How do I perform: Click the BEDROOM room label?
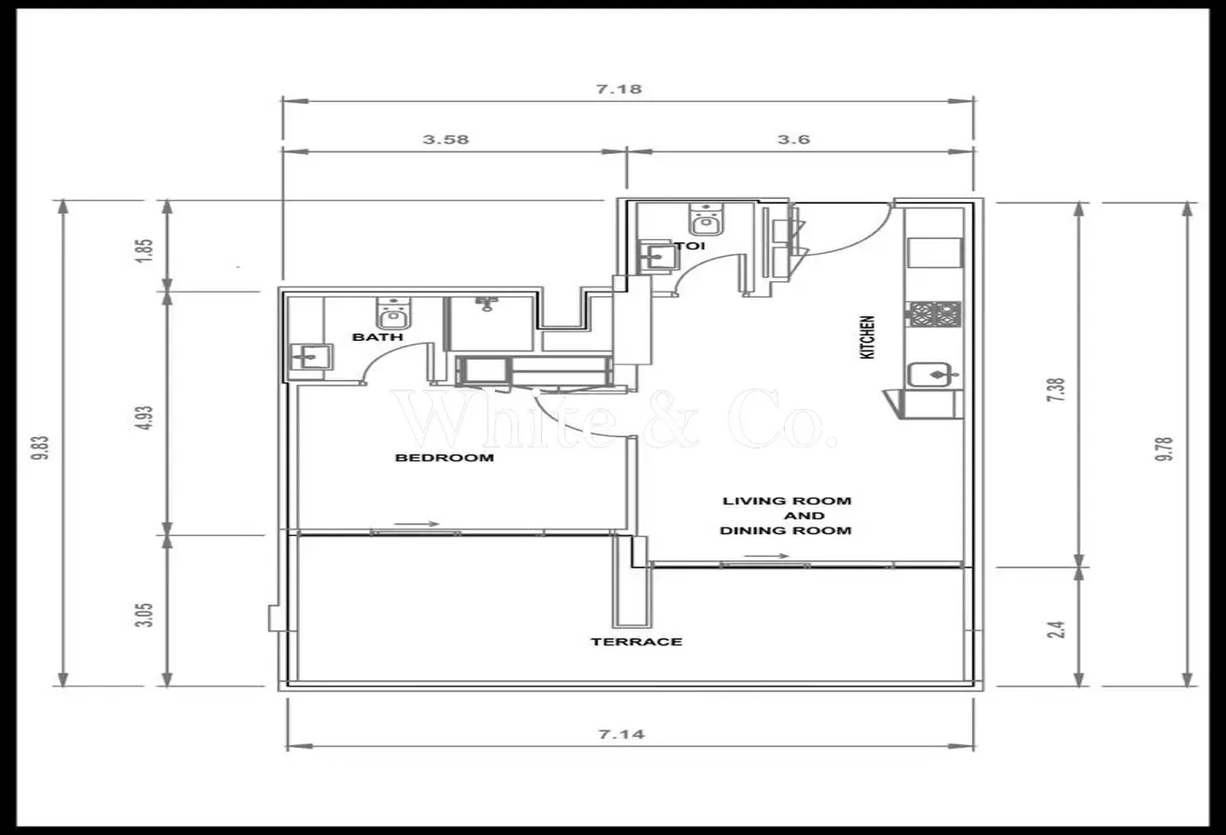tap(445, 458)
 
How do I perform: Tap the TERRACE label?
tap(636, 642)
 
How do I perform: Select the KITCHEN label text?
tap(867, 337)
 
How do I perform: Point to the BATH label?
tap(378, 337)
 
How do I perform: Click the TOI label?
tap(691, 246)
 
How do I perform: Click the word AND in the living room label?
tap(804, 516)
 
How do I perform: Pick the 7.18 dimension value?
tap(619, 89)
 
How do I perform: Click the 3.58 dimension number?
tap(446, 139)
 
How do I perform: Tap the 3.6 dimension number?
tap(793, 139)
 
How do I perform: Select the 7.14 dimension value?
tap(621, 734)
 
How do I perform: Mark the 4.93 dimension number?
tap(146, 417)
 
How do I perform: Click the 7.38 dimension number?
tap(1056, 390)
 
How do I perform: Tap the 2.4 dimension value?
tap(1056, 630)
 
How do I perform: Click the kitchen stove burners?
tap(935, 314)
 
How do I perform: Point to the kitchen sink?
tap(934, 375)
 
